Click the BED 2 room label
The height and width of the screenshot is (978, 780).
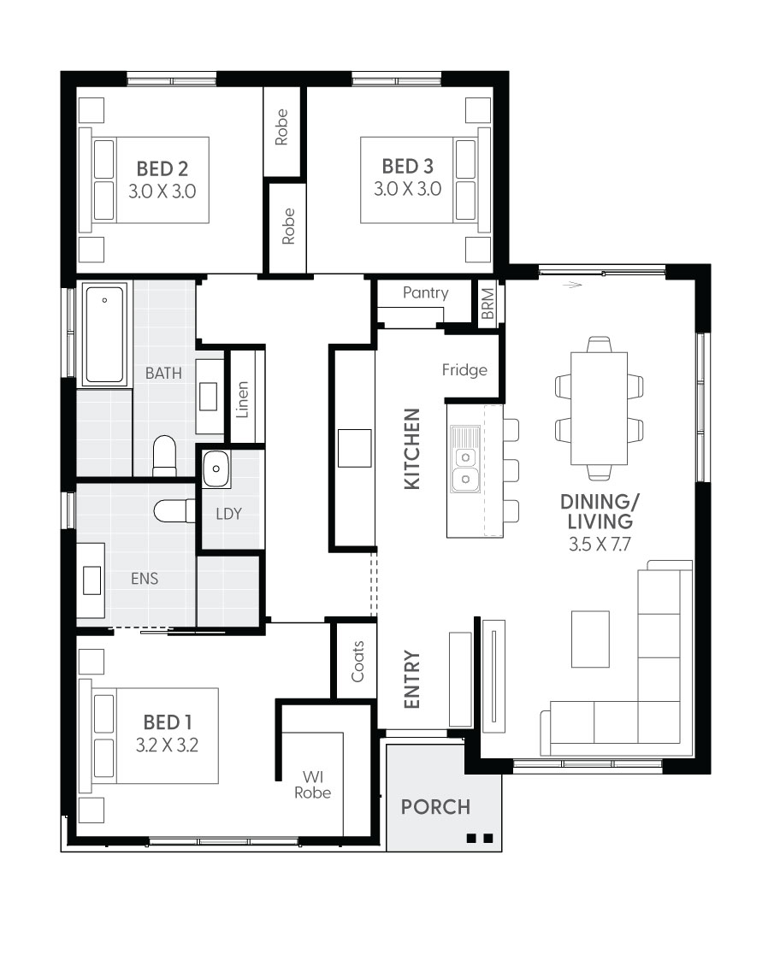[x=162, y=166]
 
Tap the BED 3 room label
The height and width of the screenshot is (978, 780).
[x=407, y=166]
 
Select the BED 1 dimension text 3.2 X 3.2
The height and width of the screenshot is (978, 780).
[x=167, y=745]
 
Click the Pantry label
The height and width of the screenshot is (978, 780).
[x=425, y=293]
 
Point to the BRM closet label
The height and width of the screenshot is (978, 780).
[x=487, y=303]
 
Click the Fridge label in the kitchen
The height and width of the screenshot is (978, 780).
[x=464, y=370]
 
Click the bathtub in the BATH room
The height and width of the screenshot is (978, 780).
[x=104, y=333]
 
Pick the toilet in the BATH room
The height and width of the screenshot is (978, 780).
[x=164, y=455]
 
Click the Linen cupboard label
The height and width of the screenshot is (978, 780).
[x=243, y=400]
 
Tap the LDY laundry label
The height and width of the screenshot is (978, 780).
[x=228, y=514]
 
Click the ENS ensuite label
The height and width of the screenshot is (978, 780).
[x=145, y=579]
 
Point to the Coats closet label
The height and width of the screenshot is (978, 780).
[x=357, y=662]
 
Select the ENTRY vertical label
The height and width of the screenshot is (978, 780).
[x=412, y=680]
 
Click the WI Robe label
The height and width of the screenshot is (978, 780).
[x=312, y=784]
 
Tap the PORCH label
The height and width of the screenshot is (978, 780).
[x=435, y=806]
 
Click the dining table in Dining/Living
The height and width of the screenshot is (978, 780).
[x=599, y=408]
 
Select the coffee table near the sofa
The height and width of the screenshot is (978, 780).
[x=590, y=639]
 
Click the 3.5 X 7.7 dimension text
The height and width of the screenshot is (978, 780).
[x=599, y=543]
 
